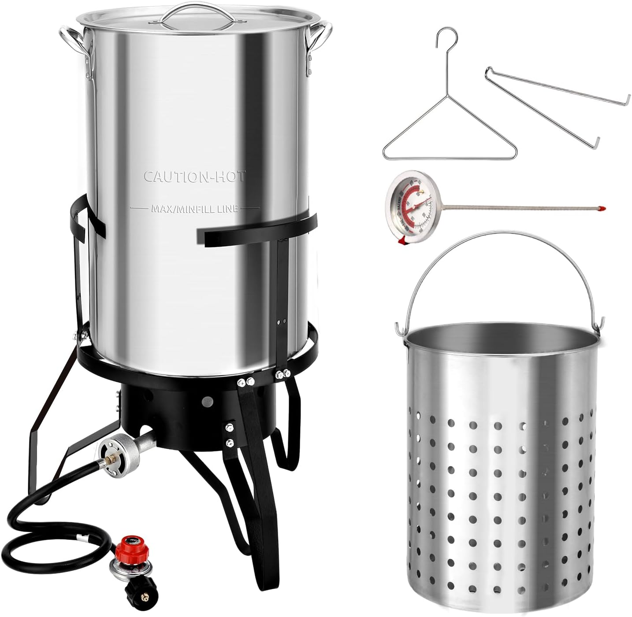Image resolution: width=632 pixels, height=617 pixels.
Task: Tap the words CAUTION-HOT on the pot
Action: coord(194,176)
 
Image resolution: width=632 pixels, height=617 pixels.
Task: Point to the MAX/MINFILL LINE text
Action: coord(194,208)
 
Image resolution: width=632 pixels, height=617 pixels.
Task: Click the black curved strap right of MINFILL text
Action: coord(260,231)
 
